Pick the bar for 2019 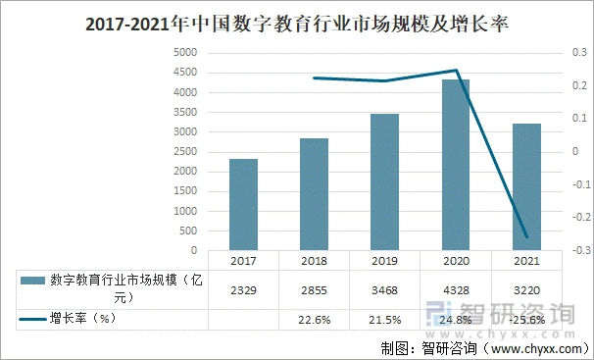384,182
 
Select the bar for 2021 525,186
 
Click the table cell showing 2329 244,290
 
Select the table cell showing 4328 455,290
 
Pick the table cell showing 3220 525,290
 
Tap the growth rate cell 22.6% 314,320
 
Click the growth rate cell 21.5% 384,320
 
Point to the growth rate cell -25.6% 525,320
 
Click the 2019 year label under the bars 384,261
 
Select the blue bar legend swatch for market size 31,282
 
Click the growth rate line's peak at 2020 455,71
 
